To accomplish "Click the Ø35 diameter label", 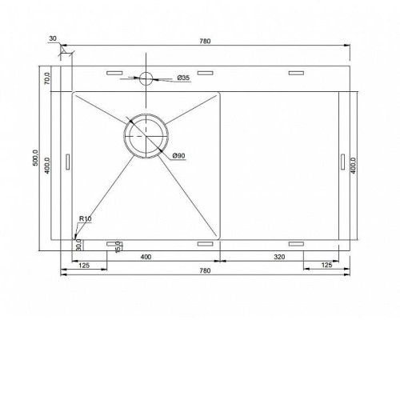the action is pyautogui.click(x=183, y=78).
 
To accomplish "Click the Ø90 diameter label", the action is pyautogui.click(x=178, y=155).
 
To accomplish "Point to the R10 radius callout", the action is pyautogui.click(x=86, y=218).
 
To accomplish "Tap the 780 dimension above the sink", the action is pyautogui.click(x=205, y=41).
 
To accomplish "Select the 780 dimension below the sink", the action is pyautogui.click(x=205, y=270).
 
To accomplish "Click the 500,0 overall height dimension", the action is pyautogui.click(x=35, y=158).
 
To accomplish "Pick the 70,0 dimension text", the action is pyautogui.click(x=47, y=78).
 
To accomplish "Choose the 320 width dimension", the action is pyautogui.click(x=279, y=257).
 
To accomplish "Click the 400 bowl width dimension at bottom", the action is pyautogui.click(x=146, y=257).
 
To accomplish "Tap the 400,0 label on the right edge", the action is pyautogui.click(x=354, y=166).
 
